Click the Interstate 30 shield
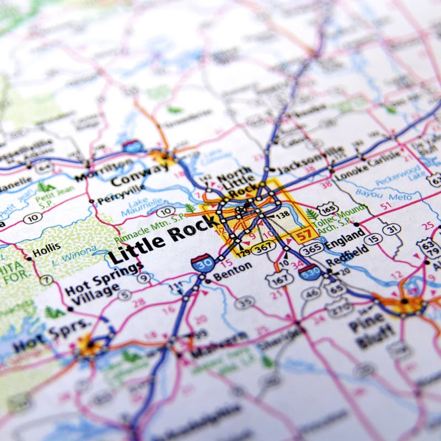coord(203,262)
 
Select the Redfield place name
coord(347,255)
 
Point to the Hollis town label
coord(46,253)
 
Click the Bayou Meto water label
coord(391,195)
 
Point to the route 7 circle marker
coord(46,279)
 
